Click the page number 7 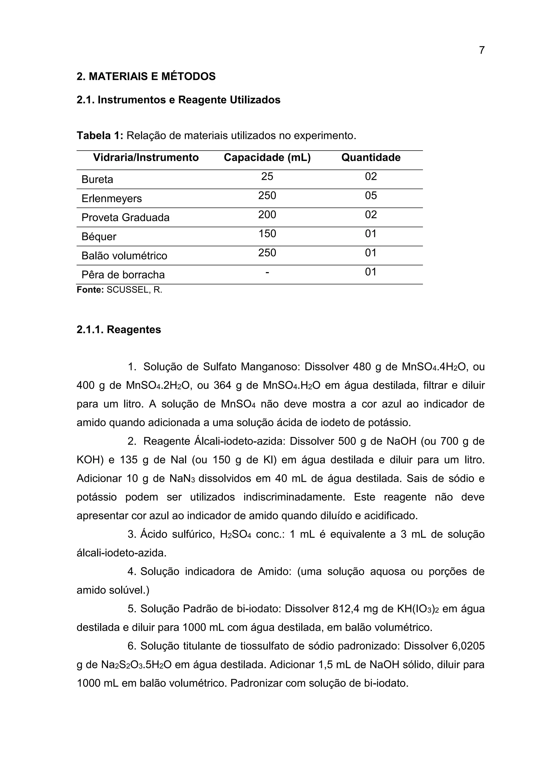tap(482, 50)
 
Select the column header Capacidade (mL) tap(267, 158)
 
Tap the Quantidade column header tap(371, 158)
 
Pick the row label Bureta tap(97, 179)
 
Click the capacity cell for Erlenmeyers tap(267, 196)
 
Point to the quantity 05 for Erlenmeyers tap(371, 196)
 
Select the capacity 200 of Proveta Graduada tap(267, 215)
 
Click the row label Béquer tap(99, 237)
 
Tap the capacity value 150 tap(267, 234)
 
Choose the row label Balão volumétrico tap(124, 256)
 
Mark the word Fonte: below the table tap(90, 290)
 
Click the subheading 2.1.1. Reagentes tap(119, 329)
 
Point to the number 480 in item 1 tap(362, 367)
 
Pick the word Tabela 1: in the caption tap(100, 135)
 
